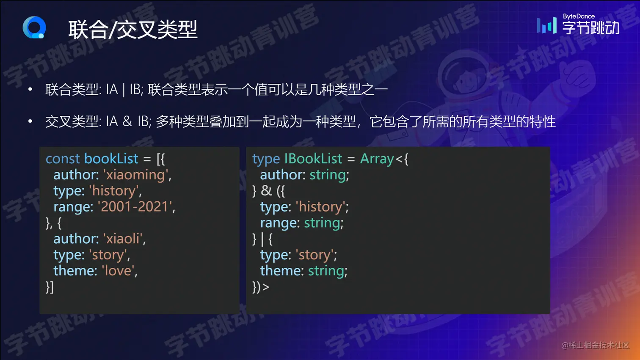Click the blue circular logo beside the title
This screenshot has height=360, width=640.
[x=34, y=27]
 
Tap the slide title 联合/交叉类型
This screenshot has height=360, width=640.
[x=133, y=30]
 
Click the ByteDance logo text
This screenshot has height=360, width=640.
[x=578, y=25]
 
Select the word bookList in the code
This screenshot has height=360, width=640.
[x=111, y=159]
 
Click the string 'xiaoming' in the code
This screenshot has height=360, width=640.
[x=135, y=175]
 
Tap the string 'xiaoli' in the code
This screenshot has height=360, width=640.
[x=123, y=239]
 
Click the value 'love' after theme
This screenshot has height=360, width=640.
[x=118, y=271]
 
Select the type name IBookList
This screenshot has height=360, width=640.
[x=313, y=159]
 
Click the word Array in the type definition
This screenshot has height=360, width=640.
[x=377, y=159]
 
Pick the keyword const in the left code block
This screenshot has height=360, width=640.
[x=63, y=159]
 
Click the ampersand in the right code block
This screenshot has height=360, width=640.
[x=266, y=190]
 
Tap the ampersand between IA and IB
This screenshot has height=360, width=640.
[x=127, y=121]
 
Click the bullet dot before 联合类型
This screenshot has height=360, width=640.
[x=30, y=90]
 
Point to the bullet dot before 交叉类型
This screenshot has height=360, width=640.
[x=30, y=121]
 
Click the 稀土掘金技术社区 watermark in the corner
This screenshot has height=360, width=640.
[x=596, y=345]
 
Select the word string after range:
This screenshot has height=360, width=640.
[x=322, y=223]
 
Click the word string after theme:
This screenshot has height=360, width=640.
[x=326, y=271]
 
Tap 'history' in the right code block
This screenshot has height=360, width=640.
[x=320, y=207]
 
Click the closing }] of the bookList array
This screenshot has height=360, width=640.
[x=50, y=287]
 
